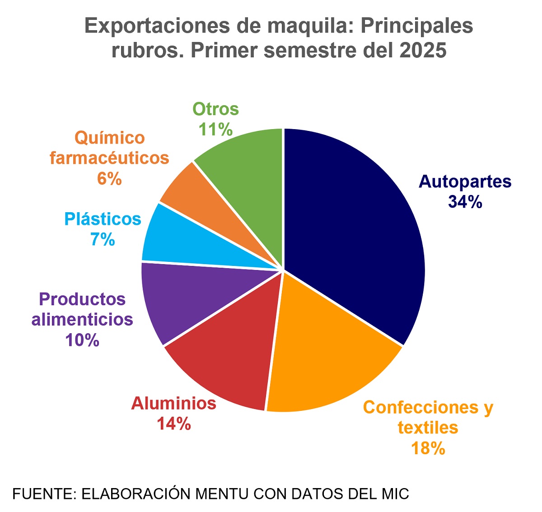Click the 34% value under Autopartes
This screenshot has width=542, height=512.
click(465, 202)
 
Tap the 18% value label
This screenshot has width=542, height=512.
click(428, 448)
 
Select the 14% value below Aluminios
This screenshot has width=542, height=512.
click(174, 424)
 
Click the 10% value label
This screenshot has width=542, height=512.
click(82, 340)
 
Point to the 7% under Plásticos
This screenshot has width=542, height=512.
click(103, 240)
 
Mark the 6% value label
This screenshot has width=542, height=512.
click(109, 179)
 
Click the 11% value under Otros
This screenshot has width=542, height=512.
click(216, 130)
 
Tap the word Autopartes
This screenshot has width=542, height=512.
click(465, 182)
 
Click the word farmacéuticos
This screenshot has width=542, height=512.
click(109, 158)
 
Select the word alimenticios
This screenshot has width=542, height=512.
click(82, 319)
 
